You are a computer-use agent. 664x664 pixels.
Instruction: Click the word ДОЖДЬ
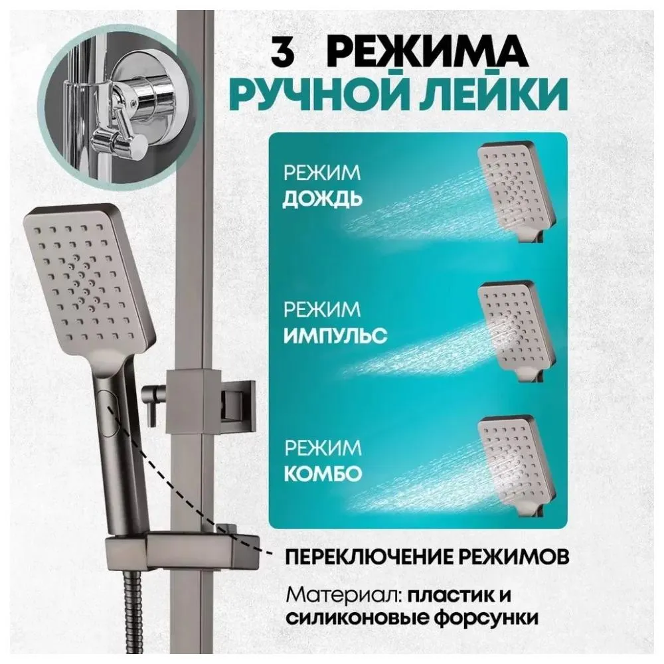click(322, 199)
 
